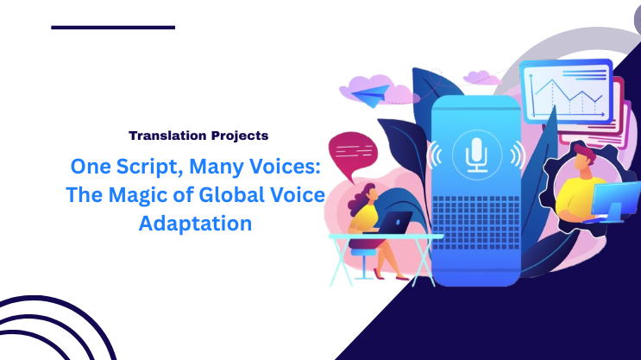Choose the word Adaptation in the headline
(x=195, y=224)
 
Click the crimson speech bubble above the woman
(x=353, y=153)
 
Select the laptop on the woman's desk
(x=394, y=224)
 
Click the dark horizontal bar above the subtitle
(x=113, y=27)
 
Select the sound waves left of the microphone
(x=437, y=155)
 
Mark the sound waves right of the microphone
(x=517, y=155)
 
